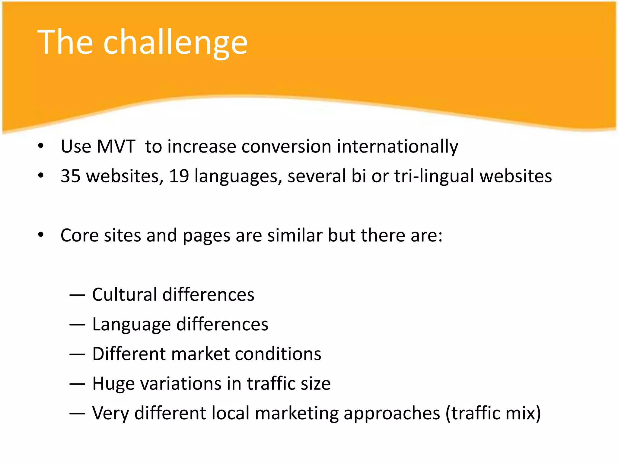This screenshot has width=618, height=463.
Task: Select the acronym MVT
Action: pos(116,147)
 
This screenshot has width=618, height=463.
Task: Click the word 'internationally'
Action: pos(397,147)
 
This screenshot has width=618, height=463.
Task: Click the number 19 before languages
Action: pos(179,176)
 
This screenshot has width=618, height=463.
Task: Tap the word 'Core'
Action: pos(79,235)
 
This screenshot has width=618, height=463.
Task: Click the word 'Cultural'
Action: pos(124,294)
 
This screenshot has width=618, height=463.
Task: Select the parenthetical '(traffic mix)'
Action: pos(493,413)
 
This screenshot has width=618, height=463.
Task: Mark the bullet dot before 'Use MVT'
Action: pos(41,146)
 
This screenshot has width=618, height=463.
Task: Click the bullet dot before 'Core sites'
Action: pos(41,235)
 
